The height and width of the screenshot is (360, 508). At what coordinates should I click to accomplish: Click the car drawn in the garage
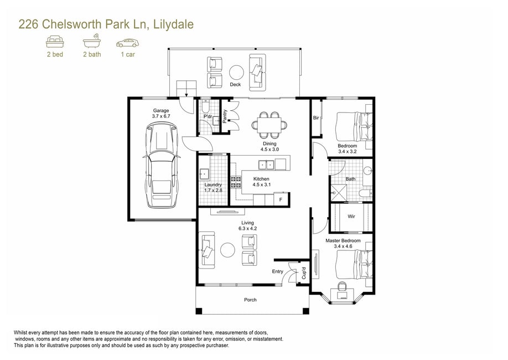click(x=162, y=165)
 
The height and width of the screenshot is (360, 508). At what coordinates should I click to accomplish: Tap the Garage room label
click(x=161, y=111)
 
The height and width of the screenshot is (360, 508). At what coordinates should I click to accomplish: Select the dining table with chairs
click(x=269, y=125)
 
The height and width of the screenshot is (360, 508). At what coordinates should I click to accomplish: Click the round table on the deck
click(x=236, y=73)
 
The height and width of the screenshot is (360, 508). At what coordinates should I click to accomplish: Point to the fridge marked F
click(x=281, y=199)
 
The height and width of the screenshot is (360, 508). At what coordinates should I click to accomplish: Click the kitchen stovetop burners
click(x=236, y=182)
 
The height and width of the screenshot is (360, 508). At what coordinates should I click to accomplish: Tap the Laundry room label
click(x=213, y=184)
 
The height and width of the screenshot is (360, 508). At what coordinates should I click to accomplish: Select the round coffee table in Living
click(x=228, y=250)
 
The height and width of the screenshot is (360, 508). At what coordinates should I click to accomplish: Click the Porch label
click(x=250, y=300)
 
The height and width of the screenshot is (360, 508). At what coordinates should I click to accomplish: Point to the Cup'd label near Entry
click(x=304, y=273)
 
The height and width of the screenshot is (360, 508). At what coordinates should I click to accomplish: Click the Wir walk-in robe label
click(x=351, y=217)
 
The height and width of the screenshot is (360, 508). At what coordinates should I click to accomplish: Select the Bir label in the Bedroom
click(x=316, y=118)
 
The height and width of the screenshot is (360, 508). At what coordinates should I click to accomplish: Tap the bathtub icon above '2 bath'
click(x=92, y=41)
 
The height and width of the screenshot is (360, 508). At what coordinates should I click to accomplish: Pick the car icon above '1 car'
click(x=127, y=43)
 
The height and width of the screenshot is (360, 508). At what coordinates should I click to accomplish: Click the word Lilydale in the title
click(x=173, y=24)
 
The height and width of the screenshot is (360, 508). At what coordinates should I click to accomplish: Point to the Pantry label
click(x=225, y=116)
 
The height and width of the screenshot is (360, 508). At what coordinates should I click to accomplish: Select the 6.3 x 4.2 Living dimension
click(x=247, y=228)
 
